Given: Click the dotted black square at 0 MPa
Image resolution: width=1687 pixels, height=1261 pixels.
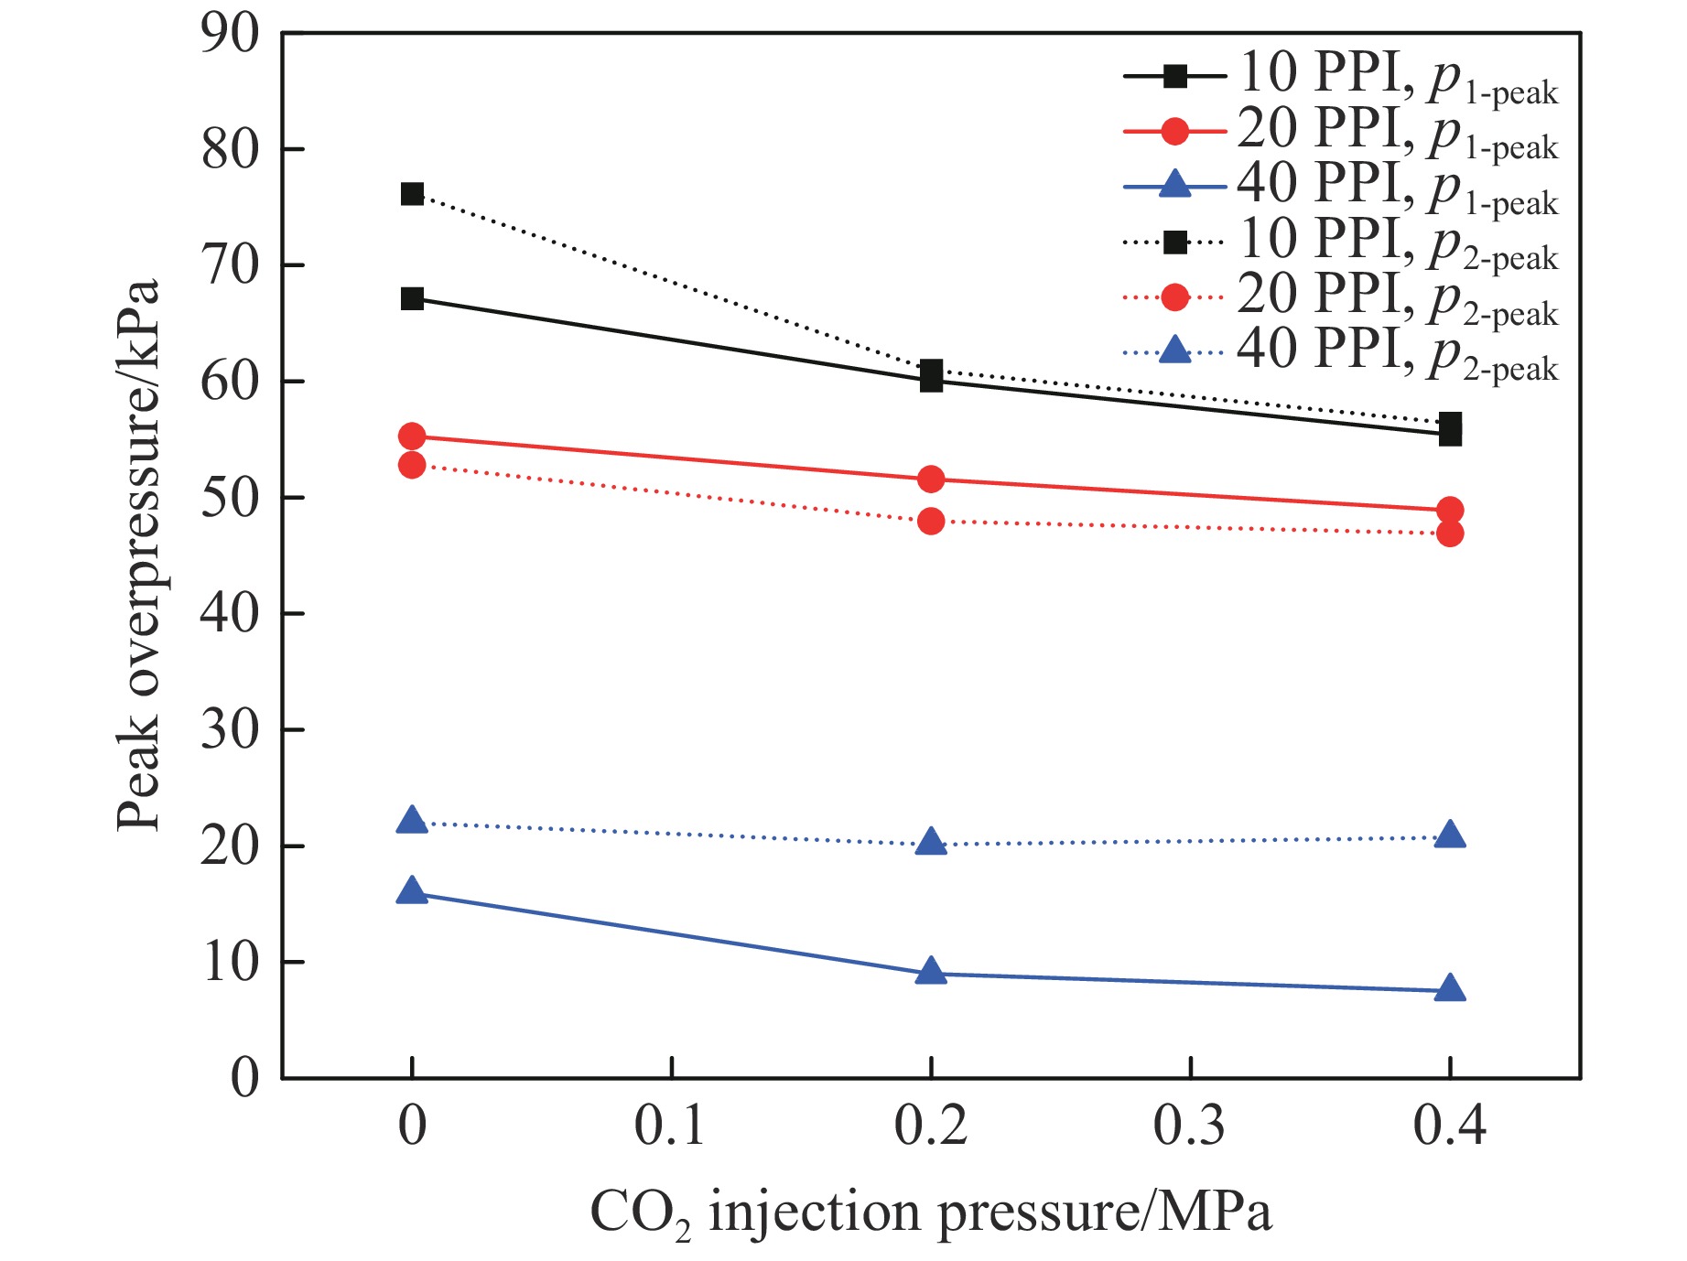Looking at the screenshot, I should tap(412, 194).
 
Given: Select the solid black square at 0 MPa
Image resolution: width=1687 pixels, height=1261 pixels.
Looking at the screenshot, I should tap(412, 298).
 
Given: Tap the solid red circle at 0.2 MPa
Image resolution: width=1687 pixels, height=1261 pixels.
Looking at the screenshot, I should tap(931, 479).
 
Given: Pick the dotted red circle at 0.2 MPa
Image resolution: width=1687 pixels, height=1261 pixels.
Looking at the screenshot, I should tap(931, 521).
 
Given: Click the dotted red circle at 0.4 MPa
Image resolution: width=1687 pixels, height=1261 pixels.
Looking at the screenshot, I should tap(1450, 533).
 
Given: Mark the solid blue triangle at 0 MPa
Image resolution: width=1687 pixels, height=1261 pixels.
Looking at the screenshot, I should tap(412, 891).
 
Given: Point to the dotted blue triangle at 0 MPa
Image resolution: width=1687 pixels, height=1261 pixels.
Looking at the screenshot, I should tap(412, 821).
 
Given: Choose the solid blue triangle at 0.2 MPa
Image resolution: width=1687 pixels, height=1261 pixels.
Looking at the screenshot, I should tap(931, 972).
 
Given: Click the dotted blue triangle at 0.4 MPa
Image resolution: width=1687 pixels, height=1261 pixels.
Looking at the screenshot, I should tap(1450, 835).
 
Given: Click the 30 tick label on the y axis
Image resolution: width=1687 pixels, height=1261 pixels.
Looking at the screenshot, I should tap(230, 730).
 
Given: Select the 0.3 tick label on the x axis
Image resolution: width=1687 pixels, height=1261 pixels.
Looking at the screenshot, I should tap(1190, 1126).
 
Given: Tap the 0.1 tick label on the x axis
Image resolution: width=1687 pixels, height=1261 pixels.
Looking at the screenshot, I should tap(671, 1126).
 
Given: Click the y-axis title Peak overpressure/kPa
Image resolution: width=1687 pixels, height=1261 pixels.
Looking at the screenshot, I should tap(139, 555).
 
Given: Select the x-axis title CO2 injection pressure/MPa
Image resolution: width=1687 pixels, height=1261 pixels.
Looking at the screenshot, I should tap(931, 1213).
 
